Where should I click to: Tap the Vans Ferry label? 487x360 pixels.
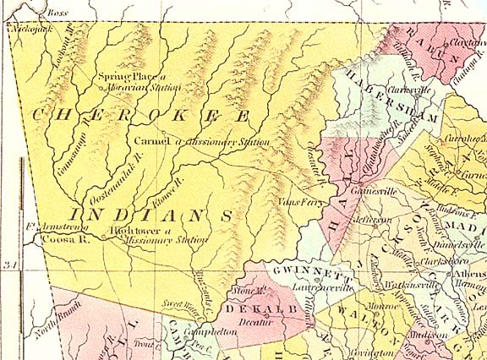(295, 203)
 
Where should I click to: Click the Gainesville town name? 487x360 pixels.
(378, 192)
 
